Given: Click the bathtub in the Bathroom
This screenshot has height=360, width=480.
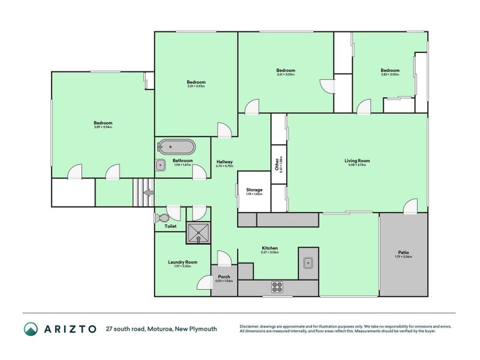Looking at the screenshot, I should (176, 147).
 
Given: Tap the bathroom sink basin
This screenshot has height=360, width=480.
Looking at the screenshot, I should (161, 166).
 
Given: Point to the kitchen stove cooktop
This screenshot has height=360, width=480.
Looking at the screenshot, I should (277, 287).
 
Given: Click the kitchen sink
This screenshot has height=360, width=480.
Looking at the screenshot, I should (308, 262).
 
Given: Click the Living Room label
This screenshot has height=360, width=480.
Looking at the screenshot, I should (356, 160).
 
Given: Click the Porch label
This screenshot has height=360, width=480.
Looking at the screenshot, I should (224, 277).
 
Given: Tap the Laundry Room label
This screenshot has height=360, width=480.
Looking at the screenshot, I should (183, 262).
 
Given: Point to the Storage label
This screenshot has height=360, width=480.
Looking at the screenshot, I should (254, 190).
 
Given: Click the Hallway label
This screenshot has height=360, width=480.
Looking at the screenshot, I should (224, 162).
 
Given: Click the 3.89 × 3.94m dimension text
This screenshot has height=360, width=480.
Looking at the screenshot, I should (103, 127).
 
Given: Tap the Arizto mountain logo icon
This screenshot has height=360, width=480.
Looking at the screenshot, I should (31, 328).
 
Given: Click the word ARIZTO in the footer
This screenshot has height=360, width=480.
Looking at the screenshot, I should (70, 329).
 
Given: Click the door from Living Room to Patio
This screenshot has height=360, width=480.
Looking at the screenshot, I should (410, 207).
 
